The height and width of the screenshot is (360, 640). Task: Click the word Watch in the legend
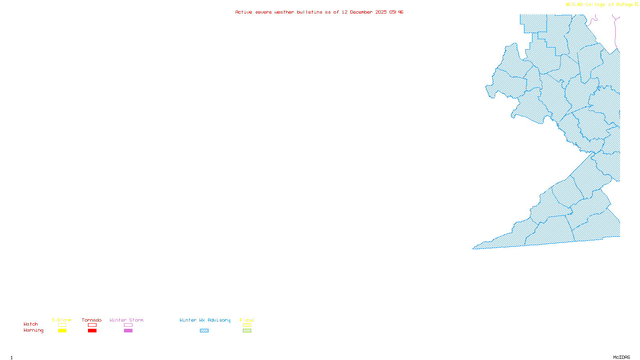(31, 324)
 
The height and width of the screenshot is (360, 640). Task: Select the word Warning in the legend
(33, 330)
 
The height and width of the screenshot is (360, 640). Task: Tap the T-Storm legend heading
(62, 320)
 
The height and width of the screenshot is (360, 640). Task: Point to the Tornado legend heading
(92, 320)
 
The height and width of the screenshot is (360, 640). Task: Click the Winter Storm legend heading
(126, 320)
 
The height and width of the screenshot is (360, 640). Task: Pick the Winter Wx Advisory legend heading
(205, 320)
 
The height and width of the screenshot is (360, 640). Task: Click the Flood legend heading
(247, 320)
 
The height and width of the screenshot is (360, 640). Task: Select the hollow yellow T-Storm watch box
(62, 325)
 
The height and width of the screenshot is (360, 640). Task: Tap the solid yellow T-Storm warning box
(62, 331)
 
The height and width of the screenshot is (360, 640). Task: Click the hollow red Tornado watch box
(92, 325)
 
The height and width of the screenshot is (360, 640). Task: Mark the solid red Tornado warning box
(92, 331)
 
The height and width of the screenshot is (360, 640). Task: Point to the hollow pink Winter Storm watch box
(128, 325)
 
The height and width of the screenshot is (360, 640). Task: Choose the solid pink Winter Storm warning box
(128, 331)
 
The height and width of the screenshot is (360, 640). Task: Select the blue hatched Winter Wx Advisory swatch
(204, 331)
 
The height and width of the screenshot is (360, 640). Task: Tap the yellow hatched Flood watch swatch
(247, 325)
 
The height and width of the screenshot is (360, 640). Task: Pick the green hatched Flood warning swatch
(247, 331)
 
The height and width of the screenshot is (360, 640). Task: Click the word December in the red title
(361, 12)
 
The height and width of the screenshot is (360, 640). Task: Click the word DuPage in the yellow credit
(624, 4)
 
